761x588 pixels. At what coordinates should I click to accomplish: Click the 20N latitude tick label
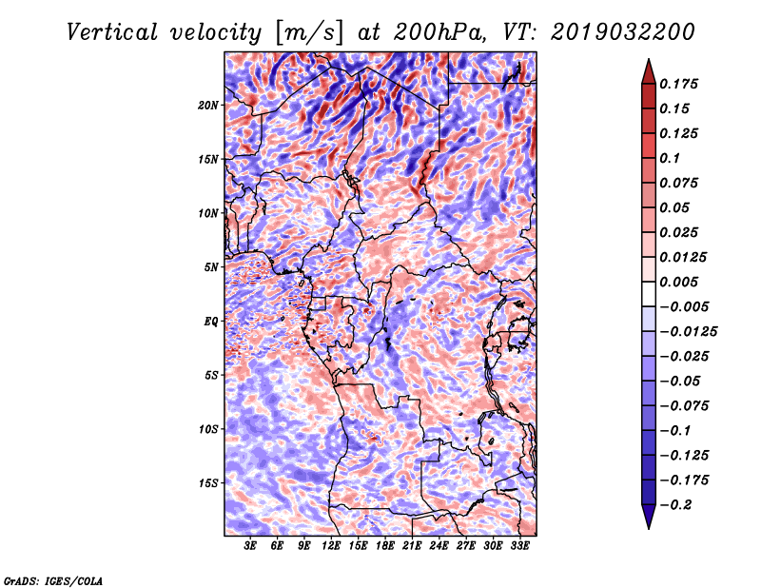click(208, 105)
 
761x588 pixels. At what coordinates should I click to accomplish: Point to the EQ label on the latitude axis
click(212, 322)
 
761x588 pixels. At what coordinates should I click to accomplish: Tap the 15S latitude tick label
click(208, 483)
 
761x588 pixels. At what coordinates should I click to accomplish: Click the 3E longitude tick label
click(251, 546)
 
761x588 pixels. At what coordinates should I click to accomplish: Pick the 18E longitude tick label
click(385, 546)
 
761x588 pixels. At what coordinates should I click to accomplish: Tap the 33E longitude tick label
click(519, 546)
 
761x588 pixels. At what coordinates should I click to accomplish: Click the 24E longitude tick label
click(439, 546)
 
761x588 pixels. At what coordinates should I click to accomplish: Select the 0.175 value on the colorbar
click(681, 84)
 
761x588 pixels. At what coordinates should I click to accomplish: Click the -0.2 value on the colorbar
click(678, 504)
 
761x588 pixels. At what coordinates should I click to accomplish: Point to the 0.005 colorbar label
click(681, 282)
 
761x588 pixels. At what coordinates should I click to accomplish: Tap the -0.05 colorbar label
click(681, 381)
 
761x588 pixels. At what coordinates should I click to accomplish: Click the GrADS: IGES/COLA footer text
click(52, 579)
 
